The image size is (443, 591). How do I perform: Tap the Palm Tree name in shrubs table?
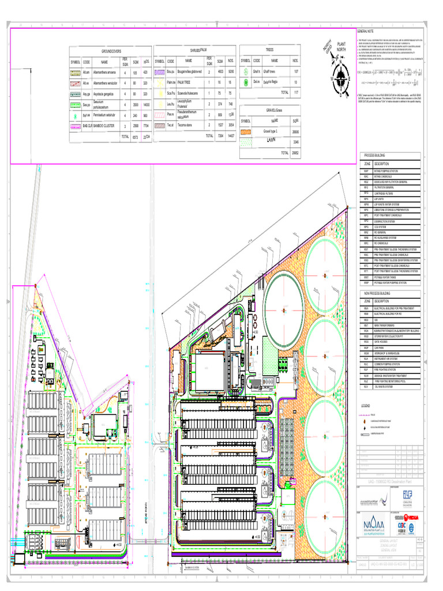coord(184,83)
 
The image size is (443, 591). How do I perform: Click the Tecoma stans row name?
coord(185,124)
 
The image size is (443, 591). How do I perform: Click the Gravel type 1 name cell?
coord(271,132)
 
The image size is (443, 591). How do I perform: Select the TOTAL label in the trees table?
coord(284,92)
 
